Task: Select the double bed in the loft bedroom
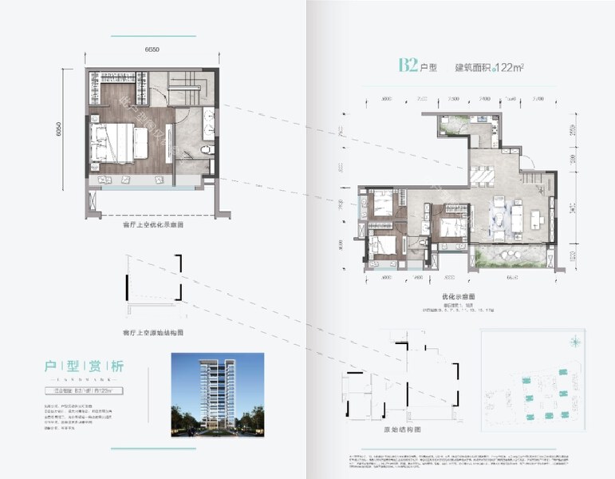point(121,142)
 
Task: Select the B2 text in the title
point(408,65)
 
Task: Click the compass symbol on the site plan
point(574,342)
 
